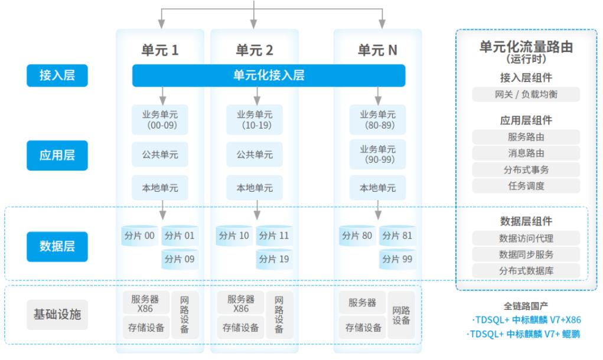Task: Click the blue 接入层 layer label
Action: coord(57,76)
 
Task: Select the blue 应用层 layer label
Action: coord(57,155)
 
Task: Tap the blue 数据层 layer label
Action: coord(57,246)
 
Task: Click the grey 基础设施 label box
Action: coord(57,315)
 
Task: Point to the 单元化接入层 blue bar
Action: coord(269,76)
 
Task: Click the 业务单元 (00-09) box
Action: coord(160,119)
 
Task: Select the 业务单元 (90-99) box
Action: coord(377,154)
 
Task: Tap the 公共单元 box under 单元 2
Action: coord(255,155)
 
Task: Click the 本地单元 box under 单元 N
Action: coord(377,188)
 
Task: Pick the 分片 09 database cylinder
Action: coord(180,259)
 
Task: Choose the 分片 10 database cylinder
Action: coord(234,235)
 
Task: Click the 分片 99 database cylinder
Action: coord(397,259)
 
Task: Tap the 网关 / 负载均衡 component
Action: coord(526,94)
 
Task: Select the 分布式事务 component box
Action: coord(526,170)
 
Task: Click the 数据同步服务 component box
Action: coord(526,254)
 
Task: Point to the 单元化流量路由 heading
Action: coord(526,47)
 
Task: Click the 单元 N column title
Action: coord(377,50)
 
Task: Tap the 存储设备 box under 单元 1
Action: coord(146,328)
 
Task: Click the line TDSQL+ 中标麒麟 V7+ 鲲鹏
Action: coord(523,334)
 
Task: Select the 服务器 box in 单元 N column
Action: coord(362,303)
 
